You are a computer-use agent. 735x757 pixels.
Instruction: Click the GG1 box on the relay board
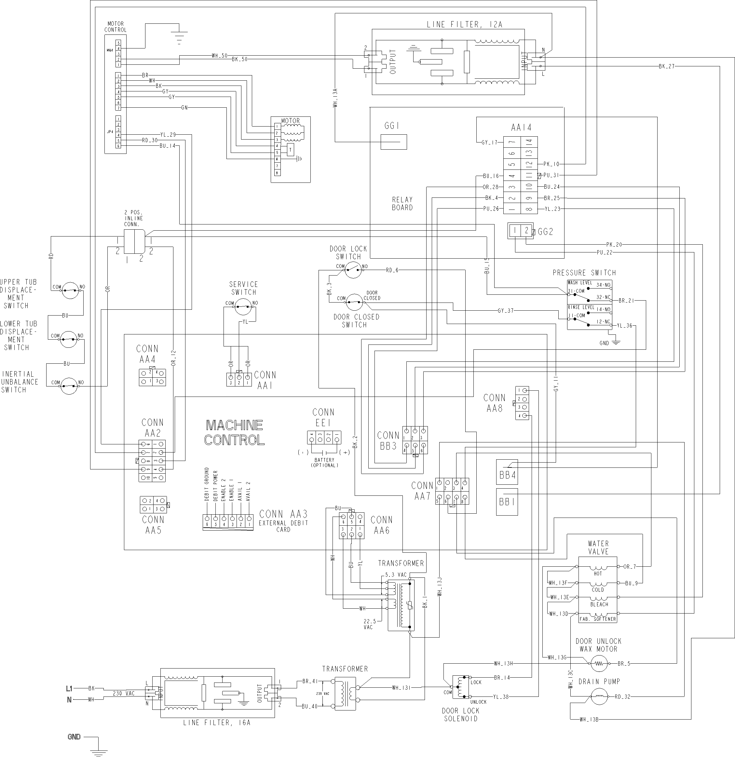394,142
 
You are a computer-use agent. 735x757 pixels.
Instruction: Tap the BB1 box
507,502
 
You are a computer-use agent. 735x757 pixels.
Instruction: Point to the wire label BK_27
667,66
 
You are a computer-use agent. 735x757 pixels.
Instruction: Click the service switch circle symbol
243,307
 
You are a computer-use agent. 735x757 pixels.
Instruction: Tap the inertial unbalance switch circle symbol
70,385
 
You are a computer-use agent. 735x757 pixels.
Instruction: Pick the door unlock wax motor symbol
598,664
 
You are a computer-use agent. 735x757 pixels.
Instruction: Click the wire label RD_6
392,270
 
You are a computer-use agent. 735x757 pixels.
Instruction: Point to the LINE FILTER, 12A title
464,25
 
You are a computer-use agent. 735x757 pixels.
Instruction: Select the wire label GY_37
506,311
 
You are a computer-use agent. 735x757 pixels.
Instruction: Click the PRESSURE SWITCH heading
584,273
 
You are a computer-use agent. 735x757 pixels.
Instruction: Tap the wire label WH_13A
335,98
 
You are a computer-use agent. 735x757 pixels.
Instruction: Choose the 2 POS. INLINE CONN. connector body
134,241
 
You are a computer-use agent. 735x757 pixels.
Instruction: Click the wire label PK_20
614,245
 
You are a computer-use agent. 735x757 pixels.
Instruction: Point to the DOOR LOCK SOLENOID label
460,714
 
